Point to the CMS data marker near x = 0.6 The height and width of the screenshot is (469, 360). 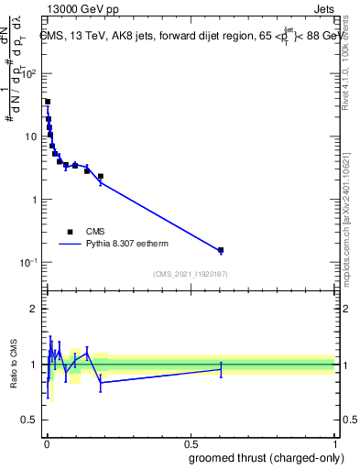[221, 249]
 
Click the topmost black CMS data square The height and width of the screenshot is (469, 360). [48, 102]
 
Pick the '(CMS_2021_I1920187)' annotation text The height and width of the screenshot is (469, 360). [190, 273]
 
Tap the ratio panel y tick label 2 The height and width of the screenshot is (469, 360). [35, 309]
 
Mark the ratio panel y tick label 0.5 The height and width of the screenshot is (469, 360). [31, 420]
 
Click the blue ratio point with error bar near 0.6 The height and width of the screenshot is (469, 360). [221, 369]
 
